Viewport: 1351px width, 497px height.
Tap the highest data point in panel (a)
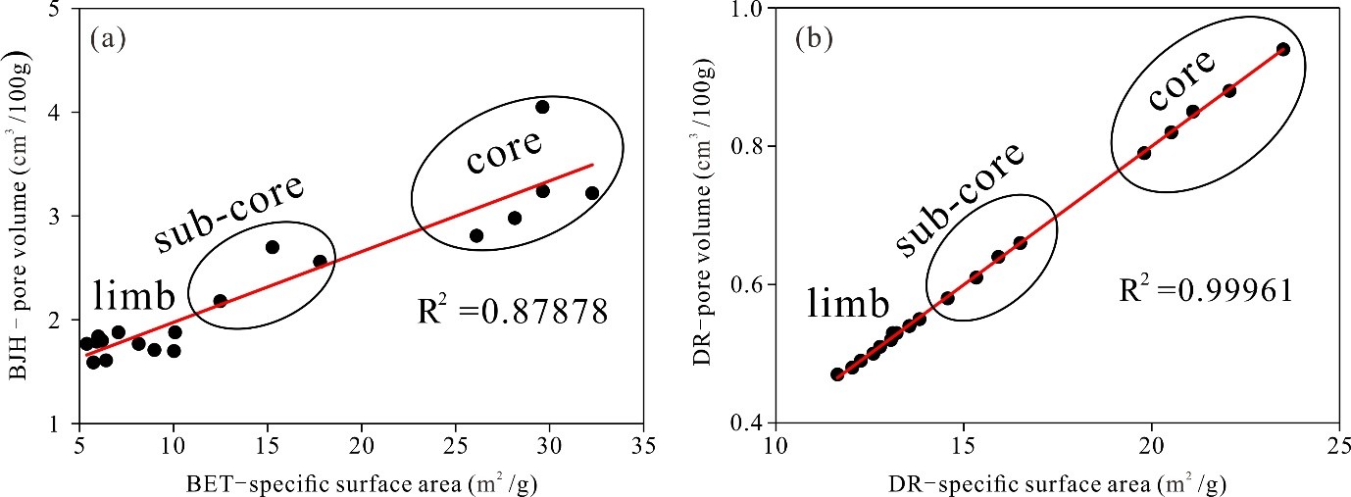[x=542, y=107]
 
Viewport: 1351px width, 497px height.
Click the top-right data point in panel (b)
[x=1282, y=49]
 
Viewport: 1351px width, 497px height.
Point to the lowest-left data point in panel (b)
[x=836, y=374]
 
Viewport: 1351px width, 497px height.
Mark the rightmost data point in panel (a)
[x=592, y=193]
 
